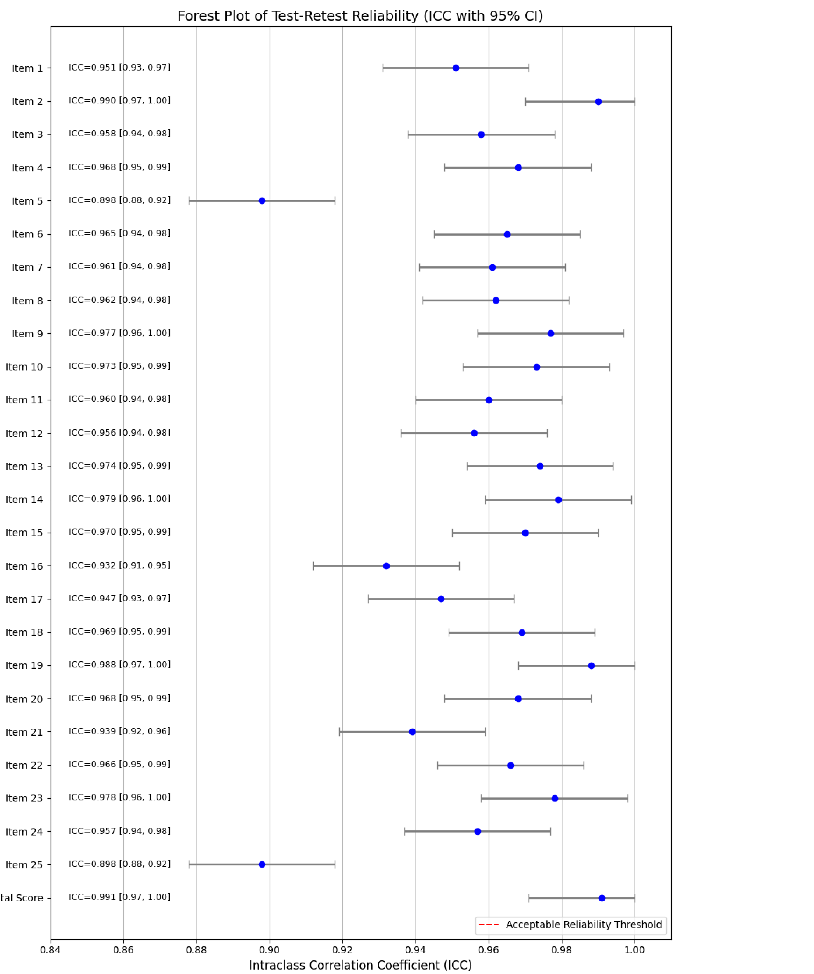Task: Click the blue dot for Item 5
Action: coord(261,201)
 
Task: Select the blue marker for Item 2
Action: coord(598,102)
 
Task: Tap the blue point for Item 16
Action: coord(386,566)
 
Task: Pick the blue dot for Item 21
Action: coord(412,732)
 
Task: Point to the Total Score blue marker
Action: coord(602,898)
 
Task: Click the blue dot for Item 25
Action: coord(261,865)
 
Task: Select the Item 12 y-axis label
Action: coord(24,434)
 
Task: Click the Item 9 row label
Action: coord(27,334)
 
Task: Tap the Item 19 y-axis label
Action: coord(24,666)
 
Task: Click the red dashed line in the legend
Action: coord(488,925)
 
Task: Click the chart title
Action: coord(360,16)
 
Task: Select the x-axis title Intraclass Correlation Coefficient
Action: coord(360,965)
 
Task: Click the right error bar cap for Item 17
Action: coord(513,599)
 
